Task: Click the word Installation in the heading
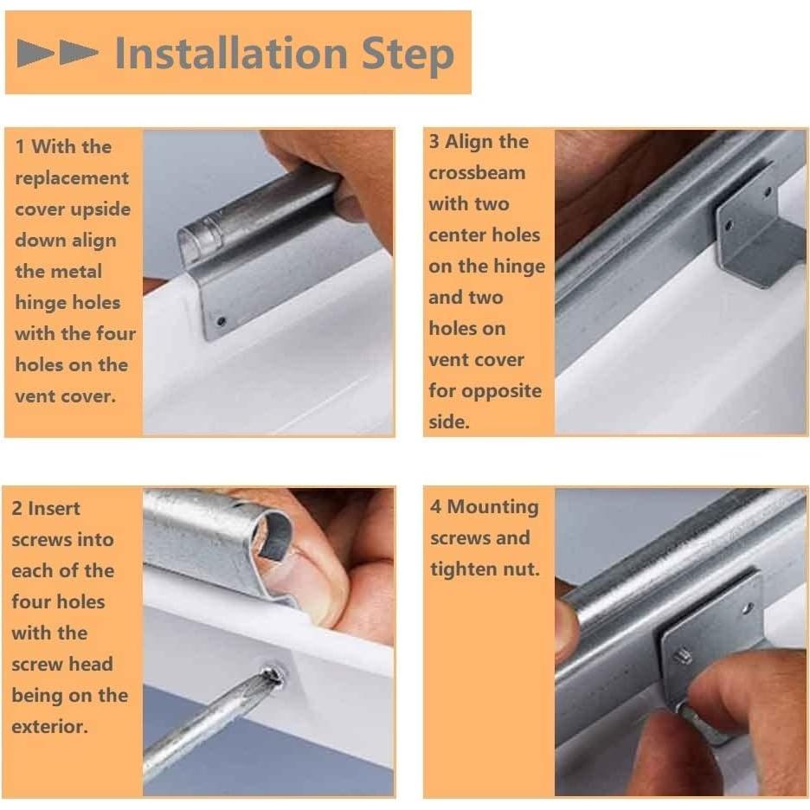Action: point(231,53)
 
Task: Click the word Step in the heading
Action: point(408,55)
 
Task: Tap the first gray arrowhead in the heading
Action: point(35,53)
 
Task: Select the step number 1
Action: point(20,147)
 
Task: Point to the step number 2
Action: point(16,508)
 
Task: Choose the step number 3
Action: point(434,142)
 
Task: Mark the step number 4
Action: point(435,507)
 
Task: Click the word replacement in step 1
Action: point(72,179)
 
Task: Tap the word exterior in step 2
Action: point(49,727)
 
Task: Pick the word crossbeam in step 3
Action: point(477,172)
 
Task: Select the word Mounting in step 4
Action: point(492,508)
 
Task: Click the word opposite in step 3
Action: point(502,391)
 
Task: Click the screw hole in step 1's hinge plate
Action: point(221,322)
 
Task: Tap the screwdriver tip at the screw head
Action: point(271,677)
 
